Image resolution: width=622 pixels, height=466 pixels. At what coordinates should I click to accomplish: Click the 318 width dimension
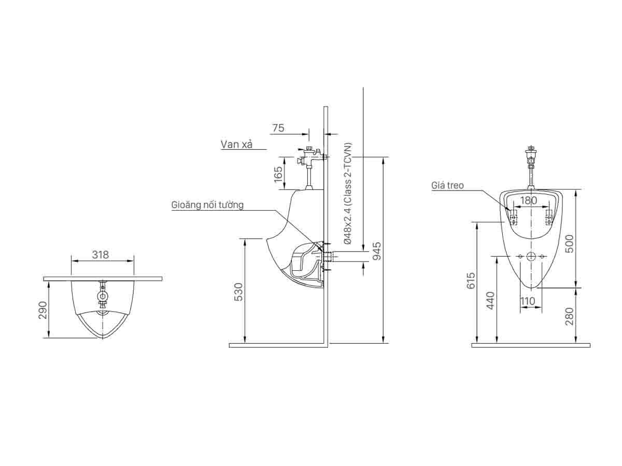click(101, 255)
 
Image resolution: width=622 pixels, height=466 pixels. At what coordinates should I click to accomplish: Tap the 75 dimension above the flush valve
click(278, 128)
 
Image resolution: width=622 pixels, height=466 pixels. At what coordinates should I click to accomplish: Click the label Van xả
click(236, 144)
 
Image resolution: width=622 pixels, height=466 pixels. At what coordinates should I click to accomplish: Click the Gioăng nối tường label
click(207, 205)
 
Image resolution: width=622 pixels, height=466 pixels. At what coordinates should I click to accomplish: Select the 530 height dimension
click(238, 291)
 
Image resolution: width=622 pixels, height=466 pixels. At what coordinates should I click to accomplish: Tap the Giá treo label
click(447, 185)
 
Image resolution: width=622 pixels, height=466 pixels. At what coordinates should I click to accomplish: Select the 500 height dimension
click(569, 243)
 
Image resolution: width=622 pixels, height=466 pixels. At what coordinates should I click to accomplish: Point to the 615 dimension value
click(471, 281)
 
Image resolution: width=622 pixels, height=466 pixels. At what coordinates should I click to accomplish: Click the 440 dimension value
click(490, 300)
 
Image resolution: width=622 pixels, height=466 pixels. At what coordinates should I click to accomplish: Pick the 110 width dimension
click(528, 301)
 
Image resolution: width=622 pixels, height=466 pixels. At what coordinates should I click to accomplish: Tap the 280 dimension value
click(569, 316)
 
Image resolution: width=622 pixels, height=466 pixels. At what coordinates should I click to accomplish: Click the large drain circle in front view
click(530, 256)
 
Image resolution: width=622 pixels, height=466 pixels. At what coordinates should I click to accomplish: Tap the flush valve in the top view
click(103, 295)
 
